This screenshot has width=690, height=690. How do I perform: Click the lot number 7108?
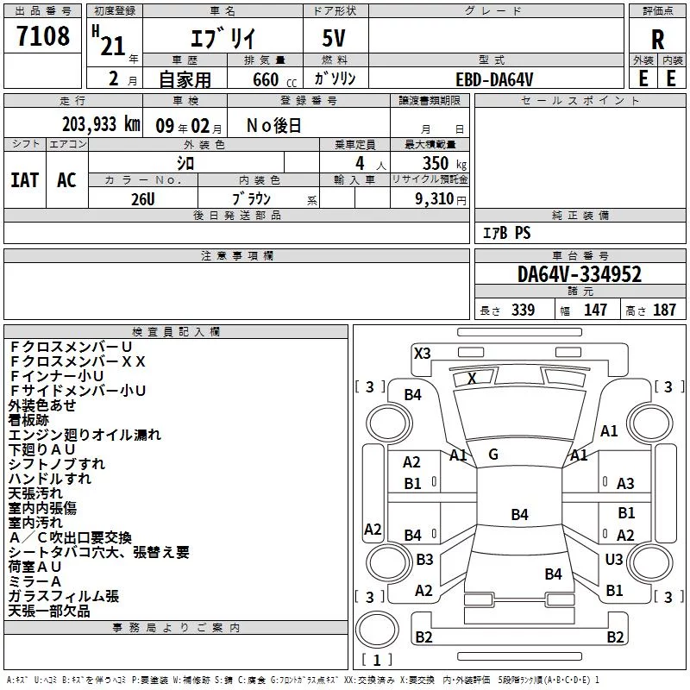pos(43,35)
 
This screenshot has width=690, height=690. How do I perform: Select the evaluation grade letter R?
pos(657,40)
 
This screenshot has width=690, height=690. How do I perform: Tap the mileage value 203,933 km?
pos(101,124)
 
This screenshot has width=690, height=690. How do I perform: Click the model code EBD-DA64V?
pos(494,79)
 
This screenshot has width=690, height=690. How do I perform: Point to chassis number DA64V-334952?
pos(580,274)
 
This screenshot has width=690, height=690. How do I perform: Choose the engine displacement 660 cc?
pos(274,80)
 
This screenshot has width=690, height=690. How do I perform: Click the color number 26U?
pos(143,199)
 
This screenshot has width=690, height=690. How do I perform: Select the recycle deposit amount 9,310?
pos(435,199)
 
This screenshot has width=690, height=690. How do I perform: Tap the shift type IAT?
pos(25,180)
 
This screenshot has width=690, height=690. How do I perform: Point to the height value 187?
pos(664,310)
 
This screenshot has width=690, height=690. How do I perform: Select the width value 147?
pos(595,310)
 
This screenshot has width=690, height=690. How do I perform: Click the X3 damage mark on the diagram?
pos(422,354)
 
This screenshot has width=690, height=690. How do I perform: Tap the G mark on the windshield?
pos(493,455)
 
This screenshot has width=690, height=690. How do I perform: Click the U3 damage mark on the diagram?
pos(614,559)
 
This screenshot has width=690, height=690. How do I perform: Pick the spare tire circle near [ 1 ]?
pos(377,630)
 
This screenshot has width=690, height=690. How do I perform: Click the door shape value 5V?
pos(334,38)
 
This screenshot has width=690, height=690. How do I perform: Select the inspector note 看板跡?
pos(28,420)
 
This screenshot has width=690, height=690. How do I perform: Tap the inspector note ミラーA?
pos(34,581)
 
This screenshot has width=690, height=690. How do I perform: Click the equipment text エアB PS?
pos(507,233)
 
